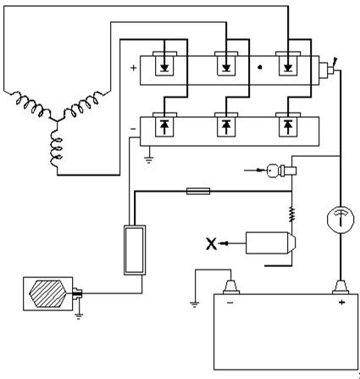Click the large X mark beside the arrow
[211, 244]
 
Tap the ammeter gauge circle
[341, 220]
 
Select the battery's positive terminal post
[341, 287]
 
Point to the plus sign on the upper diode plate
[133, 68]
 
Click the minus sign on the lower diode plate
[133, 129]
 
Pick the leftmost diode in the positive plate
[164, 68]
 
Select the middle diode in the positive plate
[226, 68]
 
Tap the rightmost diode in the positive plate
[288, 68]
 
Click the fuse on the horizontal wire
[198, 192]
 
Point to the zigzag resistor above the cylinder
[291, 215]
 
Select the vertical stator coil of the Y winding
[56, 148]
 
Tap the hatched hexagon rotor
[48, 294]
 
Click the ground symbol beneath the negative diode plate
[149, 160]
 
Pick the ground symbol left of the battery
[195, 304]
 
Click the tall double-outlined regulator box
[135, 250]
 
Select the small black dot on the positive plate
[260, 67]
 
